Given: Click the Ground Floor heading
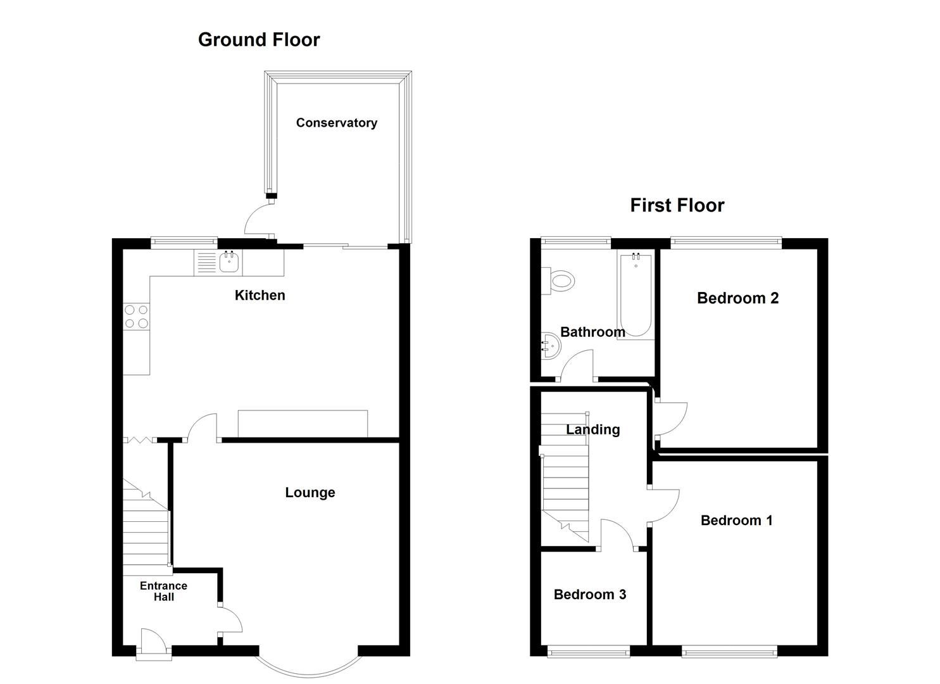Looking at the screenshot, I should (259, 39).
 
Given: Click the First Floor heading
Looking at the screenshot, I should (677, 205).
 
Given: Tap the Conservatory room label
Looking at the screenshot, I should (336, 123).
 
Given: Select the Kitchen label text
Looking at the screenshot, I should (260, 295).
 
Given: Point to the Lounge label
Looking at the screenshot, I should (310, 493).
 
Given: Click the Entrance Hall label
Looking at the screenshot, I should (163, 591).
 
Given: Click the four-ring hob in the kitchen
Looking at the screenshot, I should (136, 317).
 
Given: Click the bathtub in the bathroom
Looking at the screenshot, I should (636, 294).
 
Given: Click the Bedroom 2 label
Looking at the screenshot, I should (737, 298).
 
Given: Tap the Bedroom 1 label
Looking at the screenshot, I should (736, 521).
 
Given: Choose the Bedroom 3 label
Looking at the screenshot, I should (589, 595).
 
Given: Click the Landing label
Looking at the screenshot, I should (592, 429).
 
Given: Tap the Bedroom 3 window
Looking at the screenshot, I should (589, 650).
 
